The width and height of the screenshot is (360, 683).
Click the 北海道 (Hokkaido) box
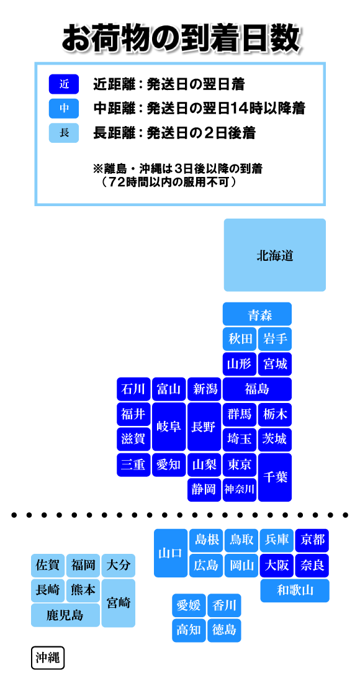pyautogui.click(x=275, y=255)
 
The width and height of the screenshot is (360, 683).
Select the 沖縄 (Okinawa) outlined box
pyautogui.click(x=48, y=658)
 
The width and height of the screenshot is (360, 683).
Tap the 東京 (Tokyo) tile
pyautogui.click(x=240, y=465)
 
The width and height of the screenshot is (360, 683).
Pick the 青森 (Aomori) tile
pyautogui.click(x=257, y=314)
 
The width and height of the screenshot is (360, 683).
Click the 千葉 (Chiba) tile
pyautogui.click(x=275, y=477)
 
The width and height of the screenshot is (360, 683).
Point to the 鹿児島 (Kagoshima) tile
pyautogui.click(x=65, y=615)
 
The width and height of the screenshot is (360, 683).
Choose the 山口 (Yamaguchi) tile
pyautogui.click(x=171, y=553)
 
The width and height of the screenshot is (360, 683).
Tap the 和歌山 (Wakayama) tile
pyautogui.click(x=295, y=590)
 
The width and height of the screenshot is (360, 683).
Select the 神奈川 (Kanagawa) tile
pyautogui.click(x=240, y=490)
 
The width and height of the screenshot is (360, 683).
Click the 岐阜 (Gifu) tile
pyautogui.click(x=169, y=427)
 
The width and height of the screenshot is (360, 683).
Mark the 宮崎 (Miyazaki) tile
pyautogui.click(x=119, y=603)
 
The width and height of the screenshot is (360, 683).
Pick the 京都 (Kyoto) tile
pyautogui.click(x=312, y=540)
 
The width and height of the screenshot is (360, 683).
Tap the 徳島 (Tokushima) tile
pyautogui.click(x=224, y=630)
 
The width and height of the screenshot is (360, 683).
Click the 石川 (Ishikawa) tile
pyautogui.click(x=133, y=389)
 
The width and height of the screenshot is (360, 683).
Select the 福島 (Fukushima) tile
pyautogui.click(x=257, y=389)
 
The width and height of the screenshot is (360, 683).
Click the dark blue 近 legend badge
pyautogui.click(x=64, y=84)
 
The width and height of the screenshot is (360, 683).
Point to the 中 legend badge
pyautogui.click(x=64, y=109)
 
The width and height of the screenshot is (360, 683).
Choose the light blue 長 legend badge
pyautogui.click(x=64, y=133)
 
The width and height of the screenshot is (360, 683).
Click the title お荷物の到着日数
pyautogui.click(x=180, y=38)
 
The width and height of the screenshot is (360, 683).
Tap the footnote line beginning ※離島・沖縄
pyautogui.click(x=178, y=167)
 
